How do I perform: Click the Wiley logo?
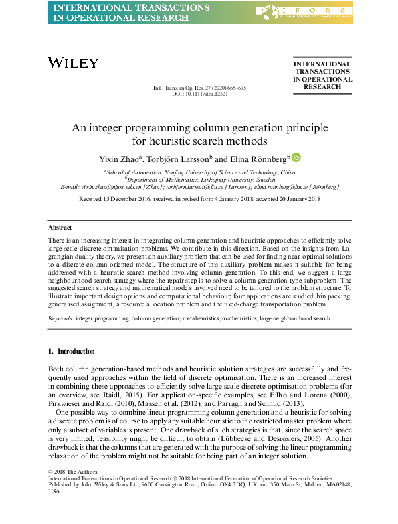click(74, 62)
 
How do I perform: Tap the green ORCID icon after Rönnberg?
click(296, 157)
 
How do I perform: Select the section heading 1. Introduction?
click(72, 351)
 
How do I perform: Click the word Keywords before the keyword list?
click(61, 318)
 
